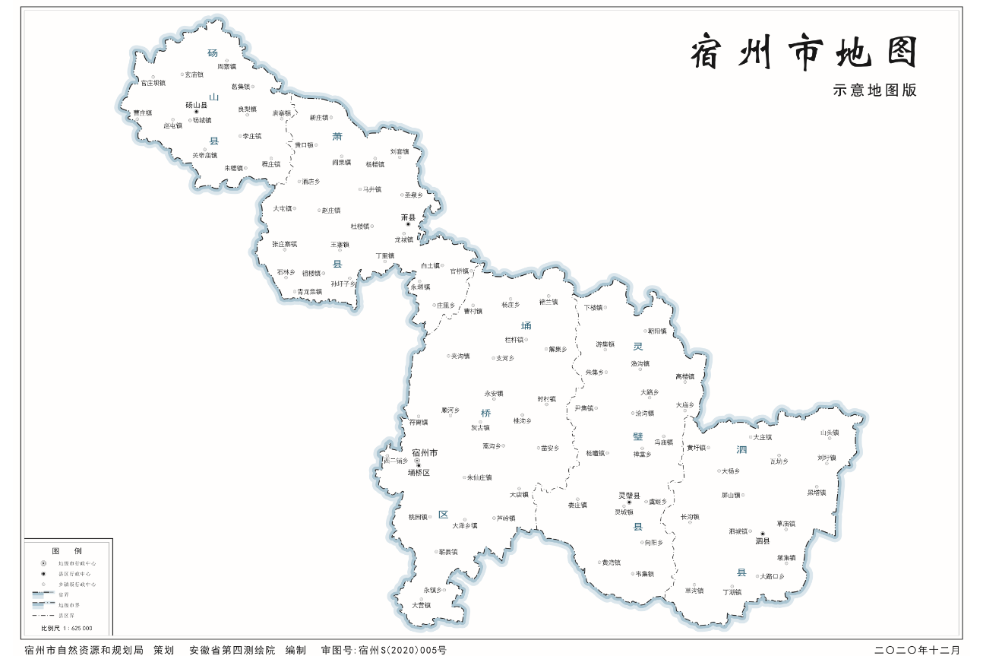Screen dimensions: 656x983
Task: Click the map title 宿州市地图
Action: point(804,53)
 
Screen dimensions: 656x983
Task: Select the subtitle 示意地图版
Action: point(874,90)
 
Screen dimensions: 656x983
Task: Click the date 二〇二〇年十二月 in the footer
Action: point(917,650)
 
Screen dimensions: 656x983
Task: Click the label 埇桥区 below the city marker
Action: point(419,473)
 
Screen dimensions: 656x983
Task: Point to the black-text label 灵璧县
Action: point(629,495)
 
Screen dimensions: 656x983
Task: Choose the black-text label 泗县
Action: point(762,541)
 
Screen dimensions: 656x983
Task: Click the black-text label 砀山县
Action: point(196,105)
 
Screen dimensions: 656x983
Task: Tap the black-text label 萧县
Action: point(408,217)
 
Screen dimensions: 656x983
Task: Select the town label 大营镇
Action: point(421,605)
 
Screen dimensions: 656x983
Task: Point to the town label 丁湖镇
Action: point(732,591)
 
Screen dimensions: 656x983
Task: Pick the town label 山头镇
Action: point(830,433)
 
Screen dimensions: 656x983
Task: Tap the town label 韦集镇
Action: point(644,574)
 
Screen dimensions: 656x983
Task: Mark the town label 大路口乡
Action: point(772,576)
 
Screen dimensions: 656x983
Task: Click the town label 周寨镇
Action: point(226,67)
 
